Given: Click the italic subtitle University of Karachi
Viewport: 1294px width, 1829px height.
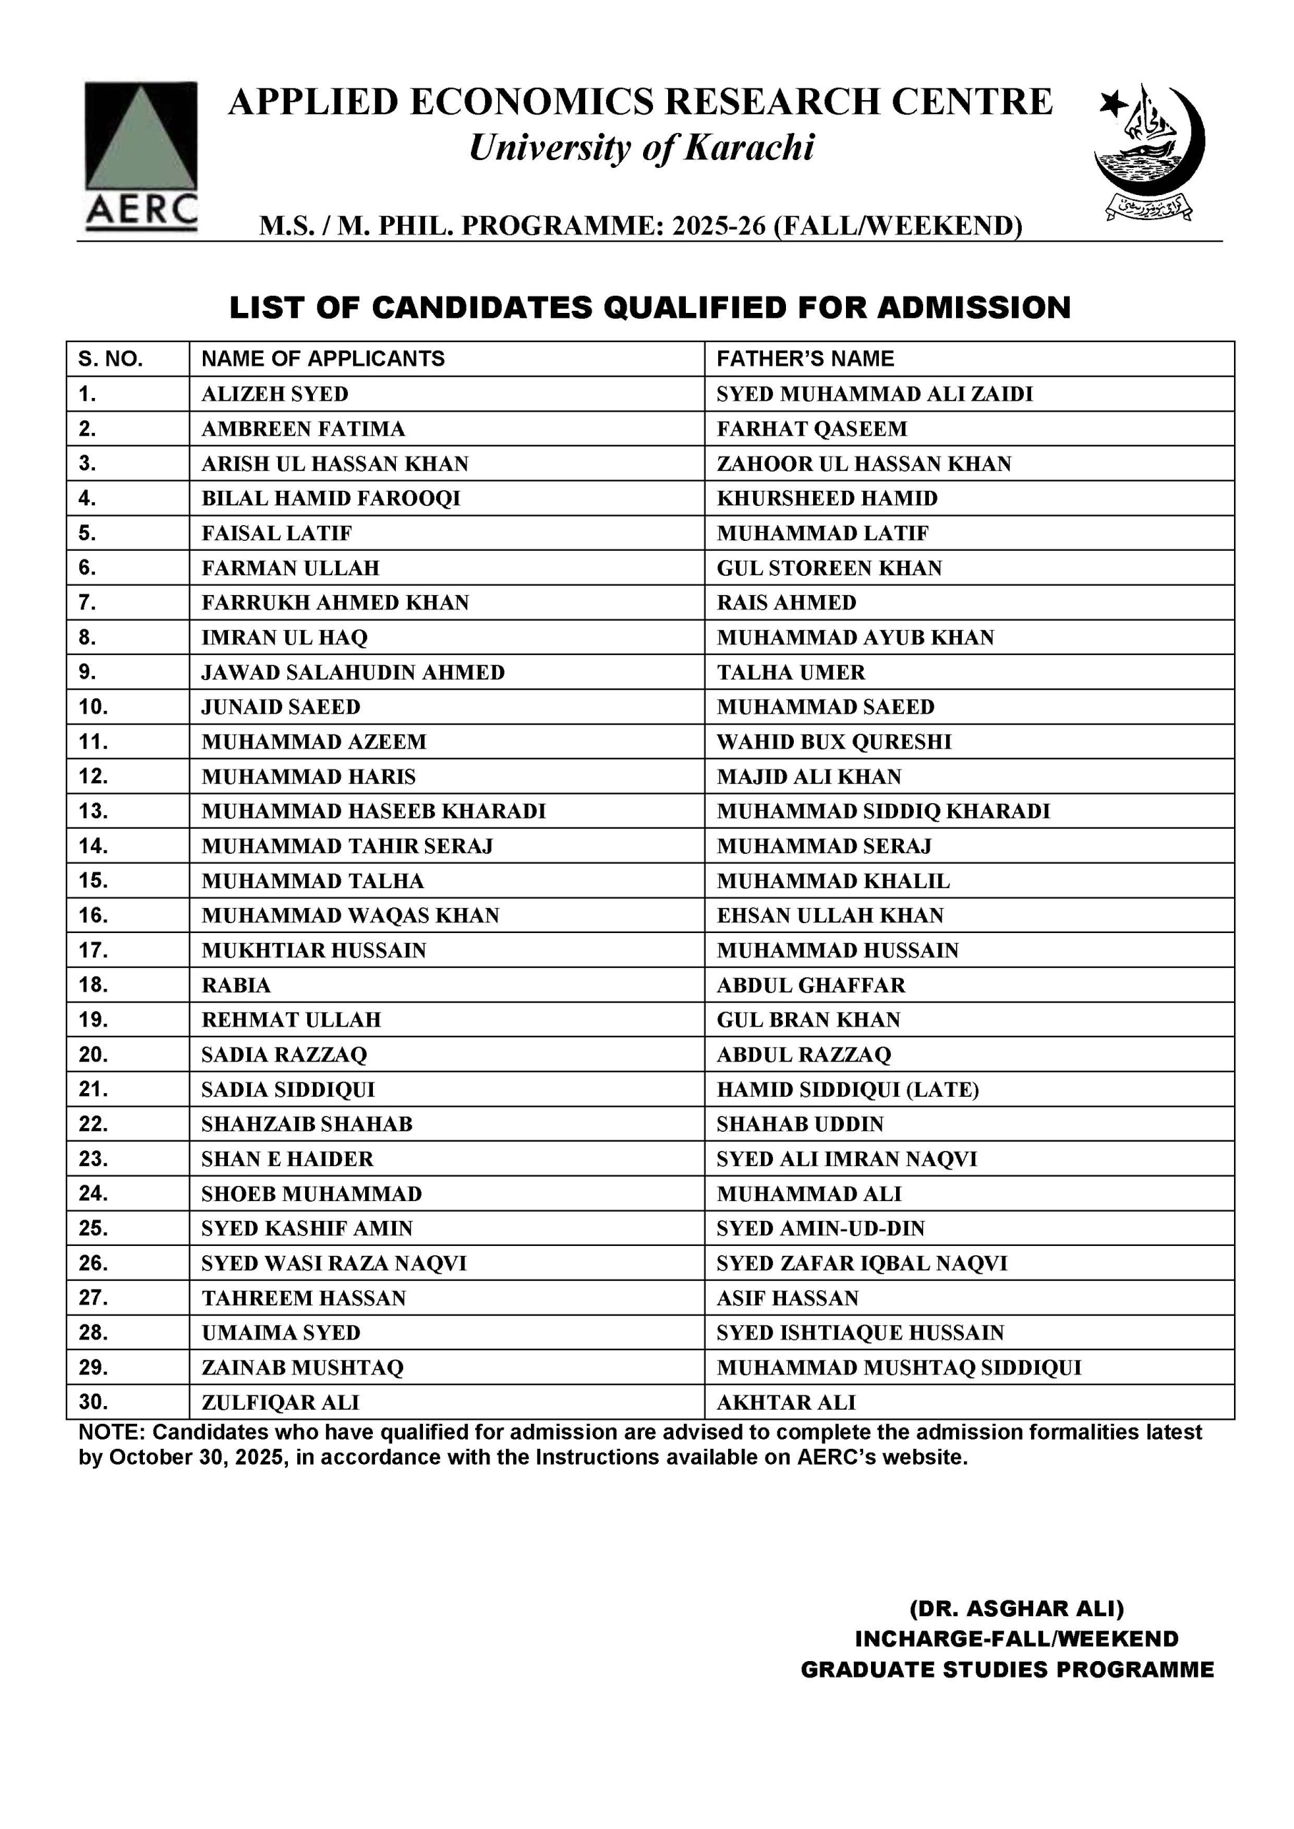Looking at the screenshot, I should coord(642,148).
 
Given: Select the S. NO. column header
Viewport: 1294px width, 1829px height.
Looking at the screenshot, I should coord(111,359).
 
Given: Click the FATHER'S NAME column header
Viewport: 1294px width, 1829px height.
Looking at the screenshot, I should coord(805,359).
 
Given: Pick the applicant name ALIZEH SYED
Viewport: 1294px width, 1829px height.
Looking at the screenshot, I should coord(275,394).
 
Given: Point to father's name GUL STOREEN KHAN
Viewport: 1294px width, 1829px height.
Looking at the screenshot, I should coord(829,568).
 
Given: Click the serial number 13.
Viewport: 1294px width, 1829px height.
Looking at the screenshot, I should coord(93,811).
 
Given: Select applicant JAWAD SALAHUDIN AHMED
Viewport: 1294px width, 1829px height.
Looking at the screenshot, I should coord(353,672).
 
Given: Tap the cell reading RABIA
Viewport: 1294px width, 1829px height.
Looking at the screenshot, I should coord(236,985).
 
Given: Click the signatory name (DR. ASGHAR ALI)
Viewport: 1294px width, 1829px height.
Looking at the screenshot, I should coord(1016,1608).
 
